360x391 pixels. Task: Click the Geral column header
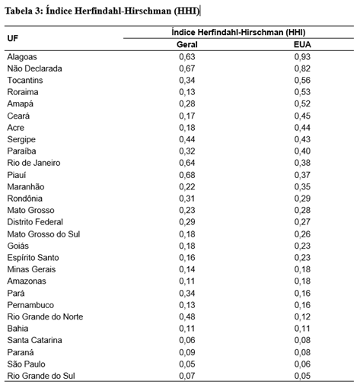187,45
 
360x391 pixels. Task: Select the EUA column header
302,45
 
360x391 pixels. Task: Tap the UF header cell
13,38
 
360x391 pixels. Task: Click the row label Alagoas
22,57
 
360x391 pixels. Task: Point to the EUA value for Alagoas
302,56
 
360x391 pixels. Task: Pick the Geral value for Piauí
187,175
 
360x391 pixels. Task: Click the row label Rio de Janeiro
33,163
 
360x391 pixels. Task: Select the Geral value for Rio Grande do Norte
187,316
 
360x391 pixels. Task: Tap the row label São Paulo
26,364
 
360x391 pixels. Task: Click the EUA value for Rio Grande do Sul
302,376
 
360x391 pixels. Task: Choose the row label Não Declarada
34,68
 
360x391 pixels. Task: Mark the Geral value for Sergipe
187,139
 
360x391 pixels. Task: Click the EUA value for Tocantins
302,80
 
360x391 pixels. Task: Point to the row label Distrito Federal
35,222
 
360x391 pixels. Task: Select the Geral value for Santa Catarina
187,340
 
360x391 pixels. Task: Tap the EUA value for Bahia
302,329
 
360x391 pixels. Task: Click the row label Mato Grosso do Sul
43,234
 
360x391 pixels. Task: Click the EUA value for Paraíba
302,151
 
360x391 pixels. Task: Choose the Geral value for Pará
187,293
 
